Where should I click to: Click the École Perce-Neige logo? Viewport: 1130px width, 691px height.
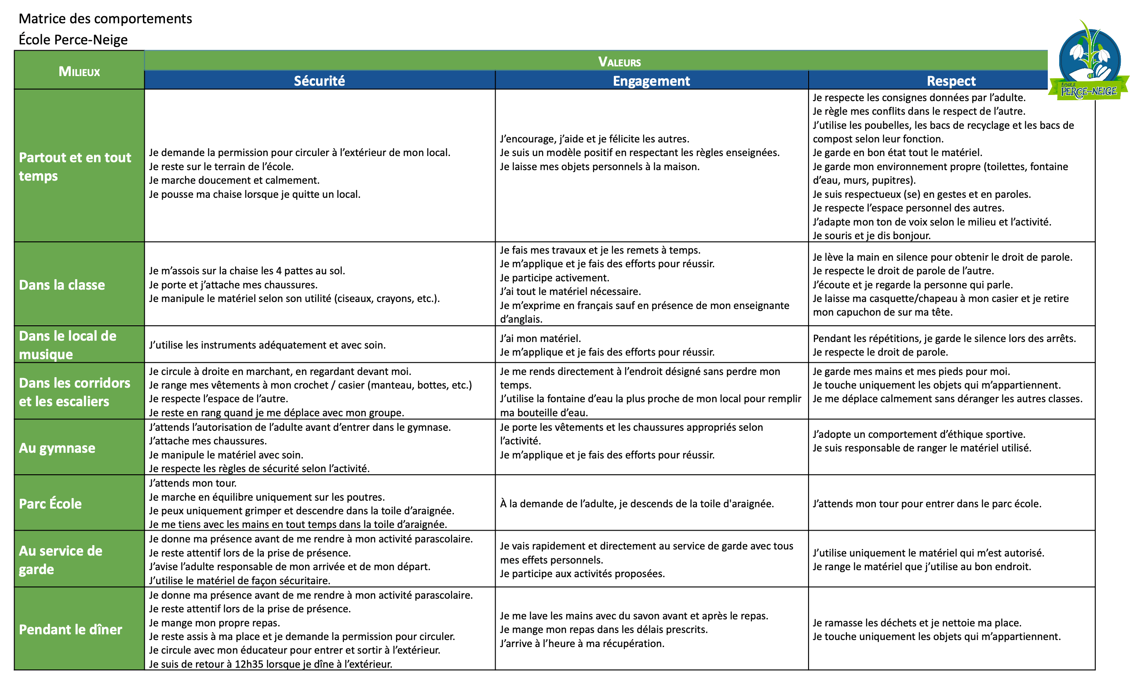click(x=1089, y=62)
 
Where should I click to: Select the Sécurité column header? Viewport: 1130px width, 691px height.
click(x=319, y=81)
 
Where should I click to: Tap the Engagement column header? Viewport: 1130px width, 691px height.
click(x=651, y=81)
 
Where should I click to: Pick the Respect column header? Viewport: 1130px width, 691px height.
click(x=951, y=81)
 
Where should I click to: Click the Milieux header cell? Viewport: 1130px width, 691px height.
click(x=79, y=71)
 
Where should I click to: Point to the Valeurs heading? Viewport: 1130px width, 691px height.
click(x=619, y=62)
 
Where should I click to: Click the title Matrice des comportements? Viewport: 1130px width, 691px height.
click(x=105, y=18)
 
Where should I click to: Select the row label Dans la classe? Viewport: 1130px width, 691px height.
click(x=62, y=285)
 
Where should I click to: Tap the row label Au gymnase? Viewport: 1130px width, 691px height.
click(x=57, y=447)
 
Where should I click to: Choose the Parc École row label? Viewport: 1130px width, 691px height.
click(x=51, y=503)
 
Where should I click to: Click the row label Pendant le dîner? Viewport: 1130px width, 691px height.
click(x=71, y=629)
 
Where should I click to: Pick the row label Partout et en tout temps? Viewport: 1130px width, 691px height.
click(x=75, y=166)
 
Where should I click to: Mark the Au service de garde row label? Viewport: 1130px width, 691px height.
click(x=60, y=560)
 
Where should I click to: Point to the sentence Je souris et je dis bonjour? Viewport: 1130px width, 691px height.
click(x=871, y=235)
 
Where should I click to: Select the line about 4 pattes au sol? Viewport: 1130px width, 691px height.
click(x=247, y=270)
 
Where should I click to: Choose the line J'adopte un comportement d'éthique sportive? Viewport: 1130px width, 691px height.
click(x=919, y=434)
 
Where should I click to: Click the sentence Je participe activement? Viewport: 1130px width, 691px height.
click(x=554, y=277)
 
